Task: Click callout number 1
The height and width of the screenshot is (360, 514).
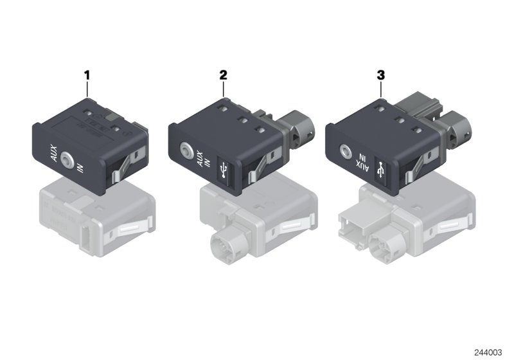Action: point(87,76)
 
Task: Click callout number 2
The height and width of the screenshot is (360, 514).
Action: point(223,75)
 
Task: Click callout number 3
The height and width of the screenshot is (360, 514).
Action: point(380,75)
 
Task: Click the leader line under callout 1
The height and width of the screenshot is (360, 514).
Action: point(87,89)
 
